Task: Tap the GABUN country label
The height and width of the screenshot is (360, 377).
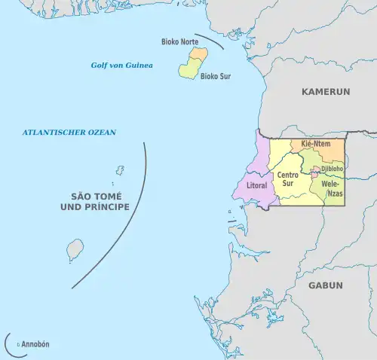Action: (x=325, y=285)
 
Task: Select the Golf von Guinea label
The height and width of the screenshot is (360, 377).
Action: (x=122, y=66)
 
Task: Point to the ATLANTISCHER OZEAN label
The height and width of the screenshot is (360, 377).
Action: (x=69, y=133)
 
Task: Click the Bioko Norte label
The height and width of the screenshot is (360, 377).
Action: (x=179, y=41)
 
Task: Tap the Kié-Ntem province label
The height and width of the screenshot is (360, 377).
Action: (x=317, y=143)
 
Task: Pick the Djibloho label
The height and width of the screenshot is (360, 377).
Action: (x=333, y=169)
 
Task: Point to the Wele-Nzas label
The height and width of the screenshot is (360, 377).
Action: (x=332, y=188)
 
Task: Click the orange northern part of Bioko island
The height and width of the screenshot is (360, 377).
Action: (x=198, y=54)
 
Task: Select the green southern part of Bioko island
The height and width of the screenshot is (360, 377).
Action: (x=188, y=69)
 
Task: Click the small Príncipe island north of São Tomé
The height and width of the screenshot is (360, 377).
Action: (x=119, y=172)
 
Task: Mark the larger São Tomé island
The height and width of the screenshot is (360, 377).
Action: (x=75, y=249)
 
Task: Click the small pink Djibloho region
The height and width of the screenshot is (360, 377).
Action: (x=314, y=175)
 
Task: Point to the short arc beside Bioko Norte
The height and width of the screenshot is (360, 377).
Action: (x=217, y=45)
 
